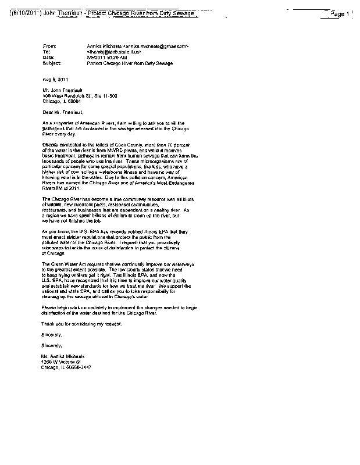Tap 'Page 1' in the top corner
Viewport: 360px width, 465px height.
coord(338,13)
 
